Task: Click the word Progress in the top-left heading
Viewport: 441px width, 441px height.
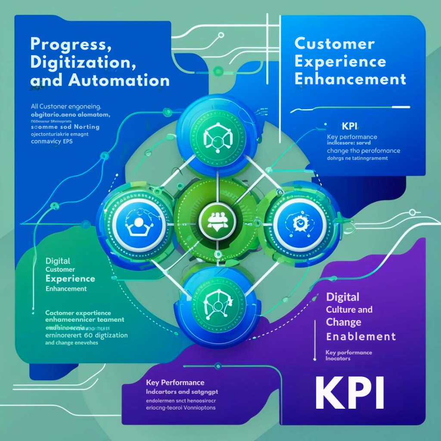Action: pos(68,44)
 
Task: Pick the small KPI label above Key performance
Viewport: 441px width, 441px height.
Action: pos(350,127)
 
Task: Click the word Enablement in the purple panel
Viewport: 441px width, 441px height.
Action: pos(361,336)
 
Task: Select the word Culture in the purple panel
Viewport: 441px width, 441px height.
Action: pos(341,310)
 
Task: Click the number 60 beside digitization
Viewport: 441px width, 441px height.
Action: pos(89,335)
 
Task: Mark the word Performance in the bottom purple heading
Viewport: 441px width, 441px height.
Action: pos(183,382)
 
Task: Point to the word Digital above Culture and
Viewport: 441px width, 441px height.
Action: pos(343,297)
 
